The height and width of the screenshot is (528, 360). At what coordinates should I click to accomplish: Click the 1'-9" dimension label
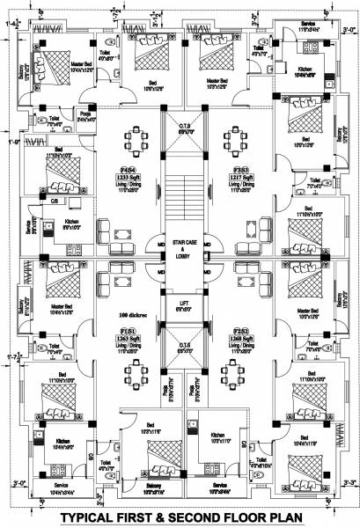(11, 142)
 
